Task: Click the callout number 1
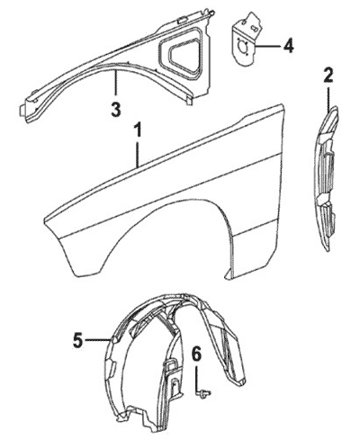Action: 138,132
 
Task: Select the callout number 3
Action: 116,110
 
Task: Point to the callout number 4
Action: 287,46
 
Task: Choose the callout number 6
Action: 196,356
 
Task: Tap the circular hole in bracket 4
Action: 242,47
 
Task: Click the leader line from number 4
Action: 267,47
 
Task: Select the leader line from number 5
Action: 96,340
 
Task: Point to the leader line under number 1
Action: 138,154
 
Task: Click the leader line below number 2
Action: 328,99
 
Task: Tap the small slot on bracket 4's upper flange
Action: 254,29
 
